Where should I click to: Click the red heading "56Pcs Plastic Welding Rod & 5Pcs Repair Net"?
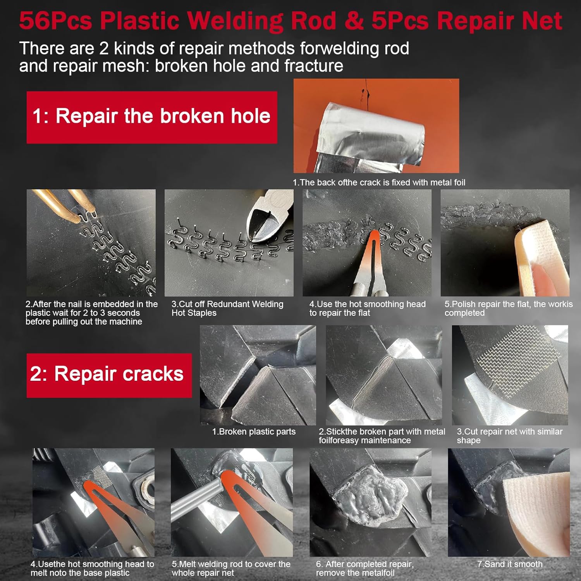click(x=290, y=21)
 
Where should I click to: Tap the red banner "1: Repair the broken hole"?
click(x=152, y=117)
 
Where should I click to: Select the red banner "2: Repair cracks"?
click(x=109, y=375)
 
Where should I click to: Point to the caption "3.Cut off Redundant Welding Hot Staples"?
click(x=227, y=308)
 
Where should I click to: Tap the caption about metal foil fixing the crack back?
click(x=379, y=182)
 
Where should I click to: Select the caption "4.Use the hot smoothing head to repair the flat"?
click(x=367, y=308)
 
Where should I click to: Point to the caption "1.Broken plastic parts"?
click(x=254, y=431)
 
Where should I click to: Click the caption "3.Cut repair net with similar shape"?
click(x=509, y=436)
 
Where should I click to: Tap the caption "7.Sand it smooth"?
click(x=510, y=564)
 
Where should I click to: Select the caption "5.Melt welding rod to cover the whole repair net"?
click(x=231, y=568)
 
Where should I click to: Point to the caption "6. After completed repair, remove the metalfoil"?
click(x=365, y=568)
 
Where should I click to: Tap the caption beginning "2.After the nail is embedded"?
click(x=91, y=313)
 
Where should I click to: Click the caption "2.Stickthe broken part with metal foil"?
click(x=382, y=436)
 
